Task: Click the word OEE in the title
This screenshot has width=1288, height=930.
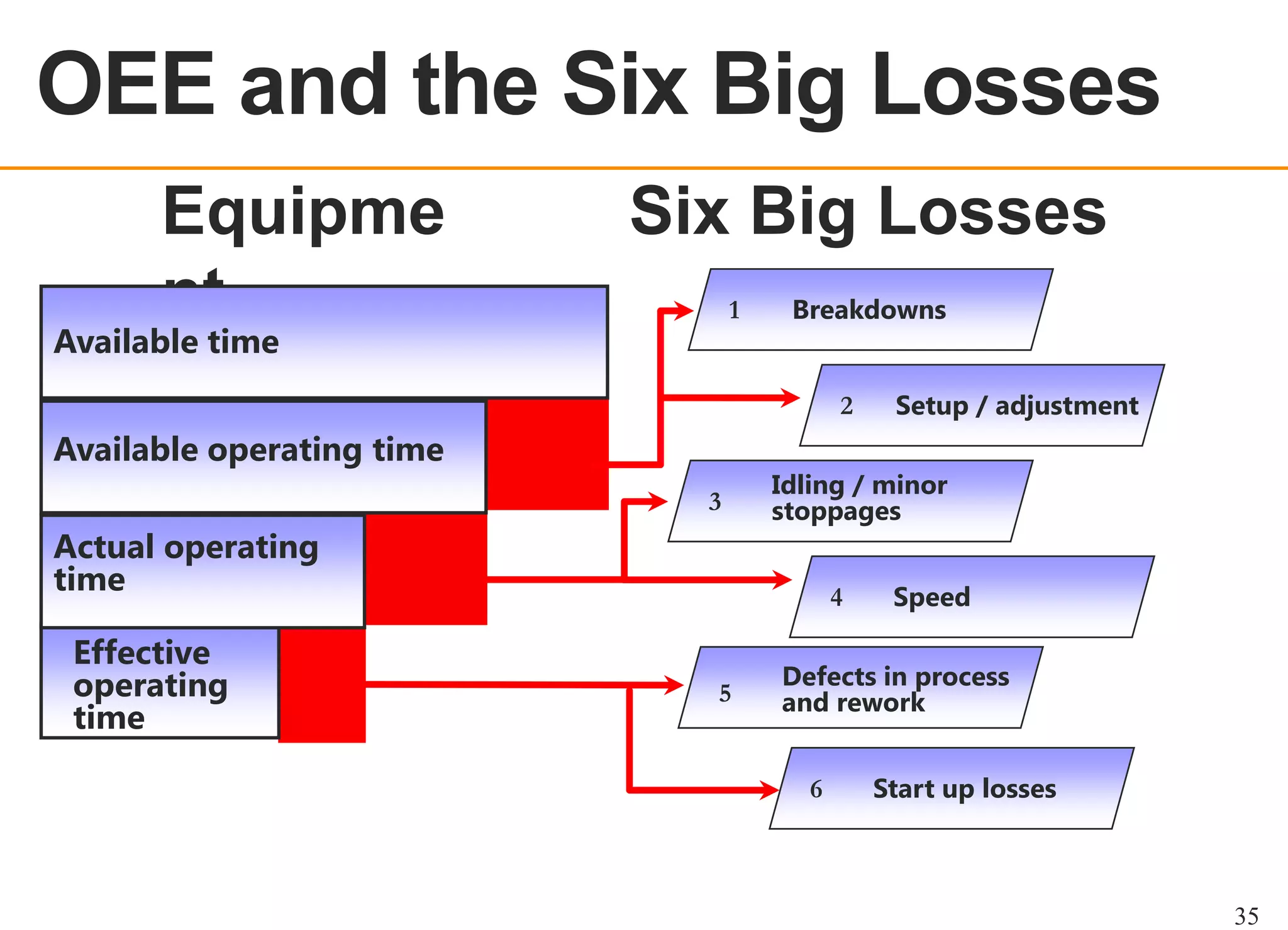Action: (126, 85)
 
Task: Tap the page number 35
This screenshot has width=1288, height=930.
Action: (1246, 916)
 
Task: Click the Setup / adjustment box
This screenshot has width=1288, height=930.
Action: (982, 406)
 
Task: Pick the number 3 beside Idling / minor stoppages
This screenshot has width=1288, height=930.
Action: (714, 502)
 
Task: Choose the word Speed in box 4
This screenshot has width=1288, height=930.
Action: (931, 597)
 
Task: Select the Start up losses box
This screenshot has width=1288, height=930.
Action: (952, 789)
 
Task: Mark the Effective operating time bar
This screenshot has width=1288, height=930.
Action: (160, 683)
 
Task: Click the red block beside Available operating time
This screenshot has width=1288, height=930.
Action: (547, 455)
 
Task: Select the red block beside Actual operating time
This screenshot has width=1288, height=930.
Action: (426, 570)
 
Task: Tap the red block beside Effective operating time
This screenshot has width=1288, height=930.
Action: (321, 685)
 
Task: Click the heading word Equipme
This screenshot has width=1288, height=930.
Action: (303, 213)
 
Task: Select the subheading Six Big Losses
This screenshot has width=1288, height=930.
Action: (868, 213)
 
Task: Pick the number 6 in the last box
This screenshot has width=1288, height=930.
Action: (816, 789)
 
